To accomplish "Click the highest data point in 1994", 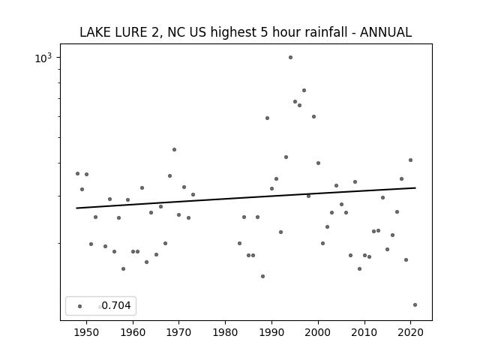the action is (290, 58).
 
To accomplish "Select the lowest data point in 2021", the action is (415, 305).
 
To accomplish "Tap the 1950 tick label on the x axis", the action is (87, 332).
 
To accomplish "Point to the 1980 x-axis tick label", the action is (225, 332).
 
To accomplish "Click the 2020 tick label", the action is (410, 332).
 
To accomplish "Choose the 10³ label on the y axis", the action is (43, 58).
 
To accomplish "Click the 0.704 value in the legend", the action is (116, 305).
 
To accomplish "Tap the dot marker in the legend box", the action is (80, 307).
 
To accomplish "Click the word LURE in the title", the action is (130, 32).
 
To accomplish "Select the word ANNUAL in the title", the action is (385, 32).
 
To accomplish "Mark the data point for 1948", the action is (77, 173).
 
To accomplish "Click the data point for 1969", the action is (174, 150).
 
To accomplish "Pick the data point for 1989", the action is (267, 118).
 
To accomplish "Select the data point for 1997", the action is (304, 90).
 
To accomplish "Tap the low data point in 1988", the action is (262, 277).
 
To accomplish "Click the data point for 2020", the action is (410, 160).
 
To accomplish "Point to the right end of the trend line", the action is (415, 187).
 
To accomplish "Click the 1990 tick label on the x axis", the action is (271, 332).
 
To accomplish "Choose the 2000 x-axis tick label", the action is (318, 332).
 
